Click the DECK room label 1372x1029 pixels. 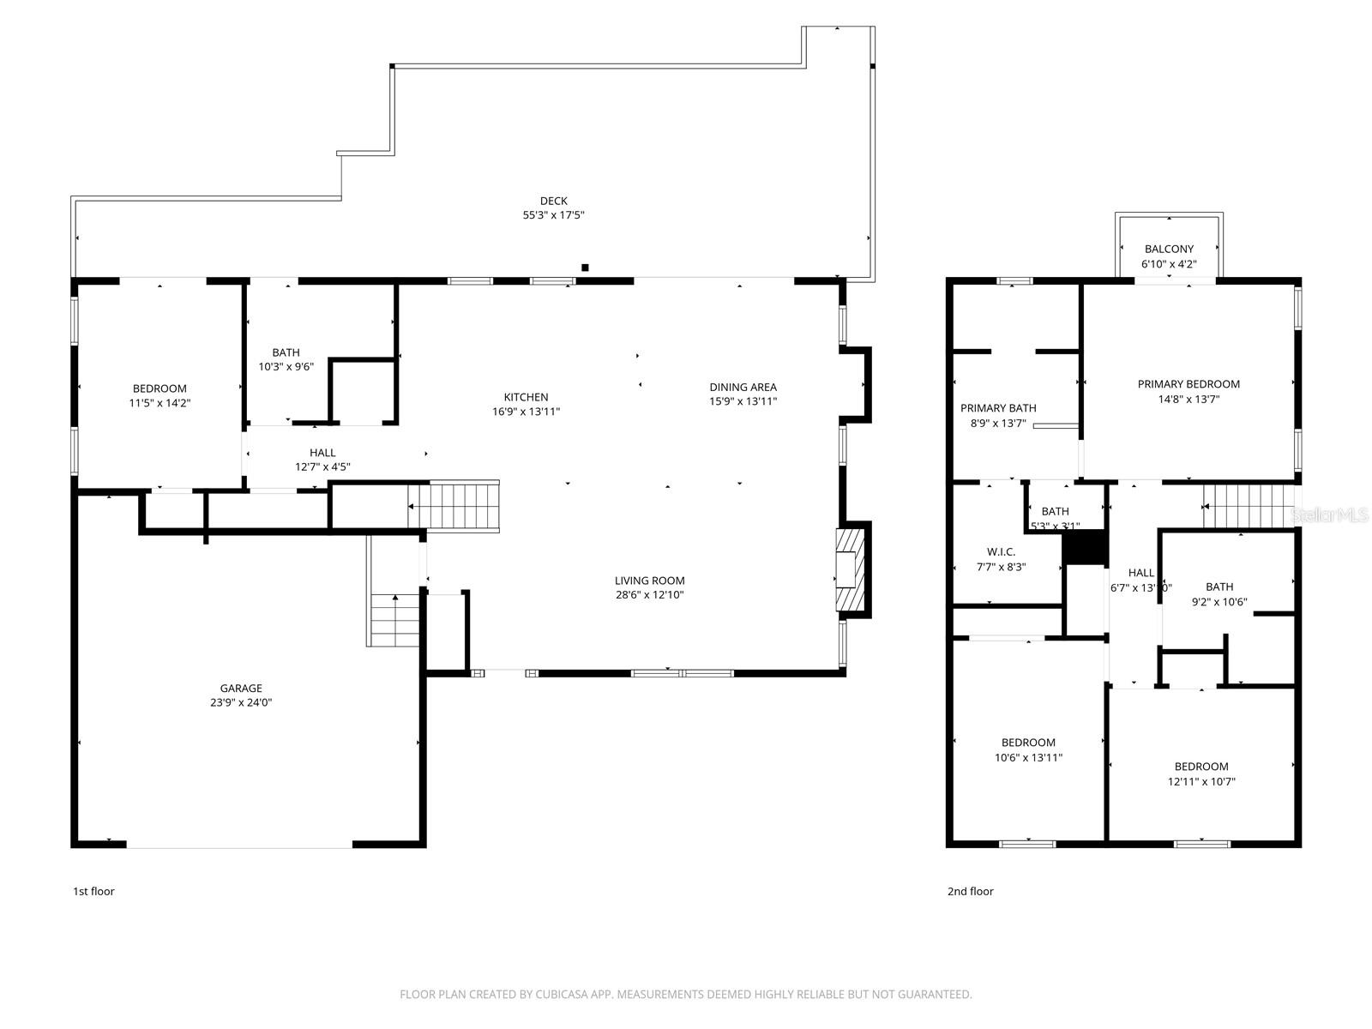(553, 201)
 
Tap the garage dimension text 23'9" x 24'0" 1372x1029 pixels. (241, 702)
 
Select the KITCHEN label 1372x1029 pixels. (526, 397)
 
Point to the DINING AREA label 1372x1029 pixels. (743, 387)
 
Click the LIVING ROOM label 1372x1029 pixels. (649, 581)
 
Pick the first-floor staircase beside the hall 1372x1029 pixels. (463, 506)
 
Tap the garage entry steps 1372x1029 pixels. (395, 620)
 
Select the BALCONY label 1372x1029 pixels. (1169, 250)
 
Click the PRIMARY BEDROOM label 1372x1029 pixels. (1188, 384)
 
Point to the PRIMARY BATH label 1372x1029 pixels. (998, 408)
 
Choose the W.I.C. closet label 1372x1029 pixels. (1001, 552)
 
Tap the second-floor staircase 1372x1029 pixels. (1246, 506)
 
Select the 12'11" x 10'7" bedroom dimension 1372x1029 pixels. (1201, 781)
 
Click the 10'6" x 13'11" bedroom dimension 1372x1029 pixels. (1028, 757)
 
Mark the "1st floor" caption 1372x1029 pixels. (93, 891)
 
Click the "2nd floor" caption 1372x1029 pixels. (970, 891)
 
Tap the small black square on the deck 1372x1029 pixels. (585, 268)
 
